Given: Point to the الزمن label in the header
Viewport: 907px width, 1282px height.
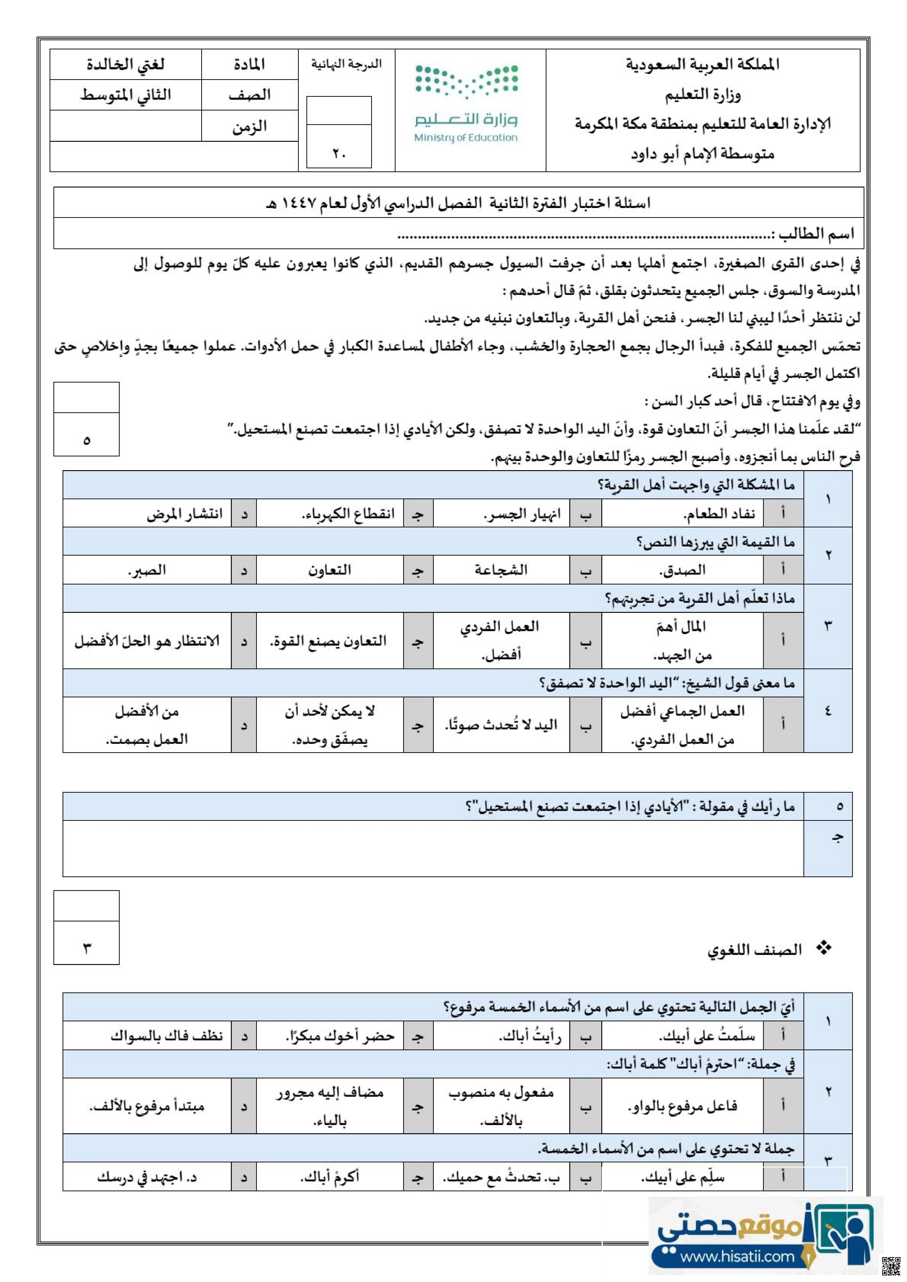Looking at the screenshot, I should point(250,126).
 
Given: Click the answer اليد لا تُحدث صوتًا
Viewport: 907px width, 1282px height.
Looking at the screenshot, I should point(501,725).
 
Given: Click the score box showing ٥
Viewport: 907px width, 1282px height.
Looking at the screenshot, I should point(87,440).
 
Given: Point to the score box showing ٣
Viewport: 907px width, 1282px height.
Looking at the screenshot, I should point(87,948).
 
